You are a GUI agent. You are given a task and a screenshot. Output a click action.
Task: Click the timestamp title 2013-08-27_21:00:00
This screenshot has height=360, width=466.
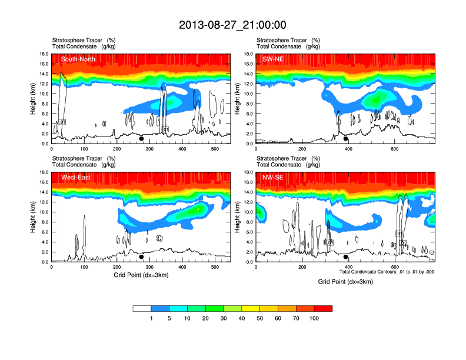pyautogui.click(x=232, y=25)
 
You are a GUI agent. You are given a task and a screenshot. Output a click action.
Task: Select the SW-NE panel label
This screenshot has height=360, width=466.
pyautogui.click(x=274, y=59)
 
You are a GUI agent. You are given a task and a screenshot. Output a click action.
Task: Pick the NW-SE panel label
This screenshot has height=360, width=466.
pyautogui.click(x=274, y=178)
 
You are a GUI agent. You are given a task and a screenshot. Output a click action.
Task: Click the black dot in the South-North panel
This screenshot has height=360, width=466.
pyautogui.click(x=141, y=139)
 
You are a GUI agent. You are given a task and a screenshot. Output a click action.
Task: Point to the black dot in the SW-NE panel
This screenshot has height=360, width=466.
pyautogui.click(x=346, y=139)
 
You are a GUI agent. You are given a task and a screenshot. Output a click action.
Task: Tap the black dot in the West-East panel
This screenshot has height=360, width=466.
pyautogui.click(x=141, y=257)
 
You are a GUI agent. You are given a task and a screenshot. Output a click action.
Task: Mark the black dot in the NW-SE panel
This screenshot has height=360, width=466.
pyautogui.click(x=346, y=257)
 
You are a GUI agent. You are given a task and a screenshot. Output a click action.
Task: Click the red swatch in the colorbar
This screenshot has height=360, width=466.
pyautogui.click(x=323, y=308)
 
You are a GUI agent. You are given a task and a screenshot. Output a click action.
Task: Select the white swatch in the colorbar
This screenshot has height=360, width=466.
pyautogui.click(x=142, y=308)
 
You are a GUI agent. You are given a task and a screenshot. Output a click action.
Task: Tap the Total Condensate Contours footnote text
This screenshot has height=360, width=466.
pyautogui.click(x=387, y=272)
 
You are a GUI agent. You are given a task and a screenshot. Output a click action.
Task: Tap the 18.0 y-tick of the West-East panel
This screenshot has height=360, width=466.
pyautogui.click(x=44, y=172)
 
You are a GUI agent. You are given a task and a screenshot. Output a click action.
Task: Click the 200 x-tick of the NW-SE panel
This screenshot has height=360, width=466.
pyautogui.click(x=302, y=268)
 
